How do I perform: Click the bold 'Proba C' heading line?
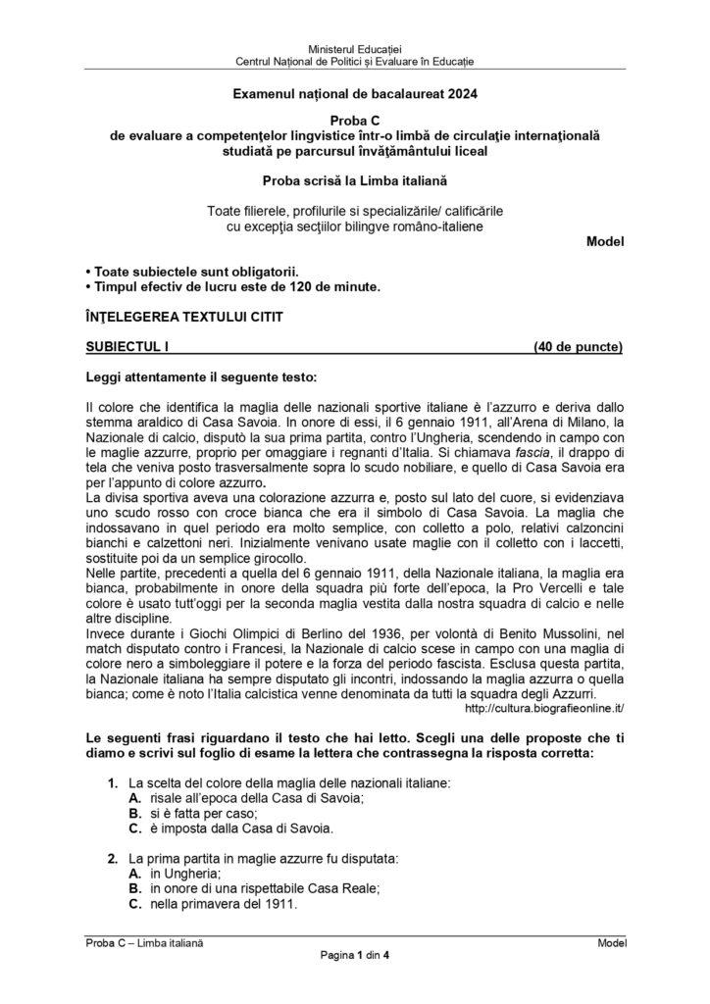354,119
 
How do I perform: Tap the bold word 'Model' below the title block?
604,240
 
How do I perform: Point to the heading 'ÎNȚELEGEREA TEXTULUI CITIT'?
184,317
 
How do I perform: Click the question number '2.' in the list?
113,858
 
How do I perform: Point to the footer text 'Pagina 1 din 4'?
354,956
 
